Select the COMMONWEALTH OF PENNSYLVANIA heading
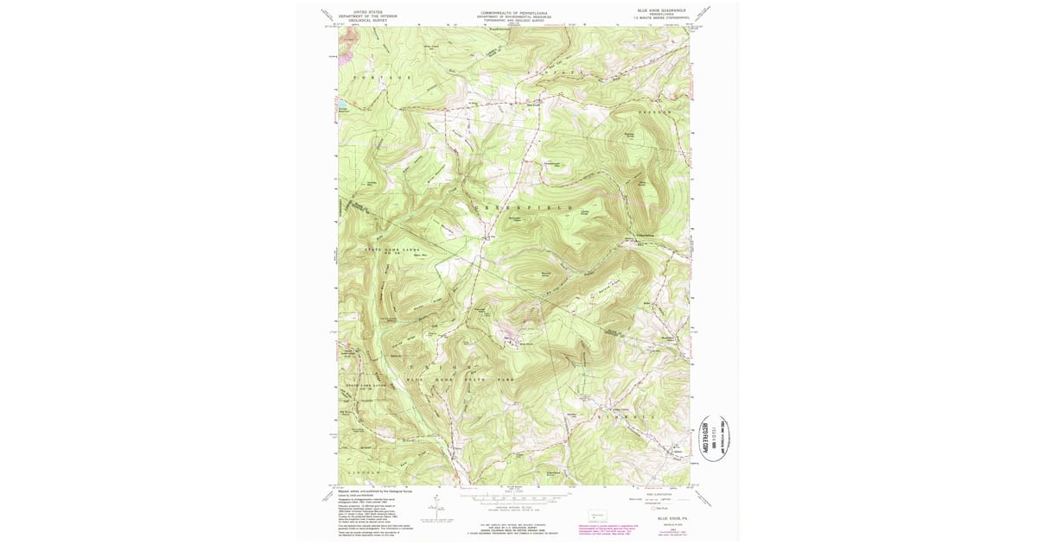[515, 14]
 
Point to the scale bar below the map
[515, 499]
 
